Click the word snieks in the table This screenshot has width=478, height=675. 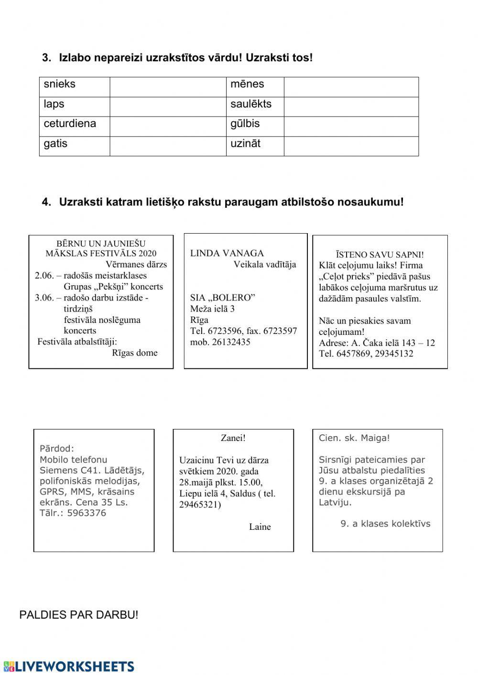coord(60,85)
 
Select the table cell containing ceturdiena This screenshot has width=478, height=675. coord(70,124)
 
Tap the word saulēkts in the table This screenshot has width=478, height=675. coord(251,104)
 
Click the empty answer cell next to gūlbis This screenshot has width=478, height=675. coord(351,126)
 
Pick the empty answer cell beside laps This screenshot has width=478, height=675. coord(168,107)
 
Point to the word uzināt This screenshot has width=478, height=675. coord(245,144)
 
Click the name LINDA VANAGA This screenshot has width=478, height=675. coord(227,253)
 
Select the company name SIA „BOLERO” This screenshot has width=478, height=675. coord(223,298)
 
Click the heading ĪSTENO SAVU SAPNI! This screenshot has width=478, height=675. coord(380,255)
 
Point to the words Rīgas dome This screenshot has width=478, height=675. coord(134,353)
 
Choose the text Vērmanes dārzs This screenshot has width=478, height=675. coord(136,264)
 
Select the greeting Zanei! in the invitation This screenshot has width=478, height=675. coord(233,438)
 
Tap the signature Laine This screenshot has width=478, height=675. coord(260,527)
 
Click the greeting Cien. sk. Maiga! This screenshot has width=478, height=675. coord(354,438)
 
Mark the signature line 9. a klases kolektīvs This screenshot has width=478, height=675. coord(385,524)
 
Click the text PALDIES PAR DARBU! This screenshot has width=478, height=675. coord(79,615)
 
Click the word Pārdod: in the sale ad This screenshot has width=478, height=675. coord(57,449)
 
